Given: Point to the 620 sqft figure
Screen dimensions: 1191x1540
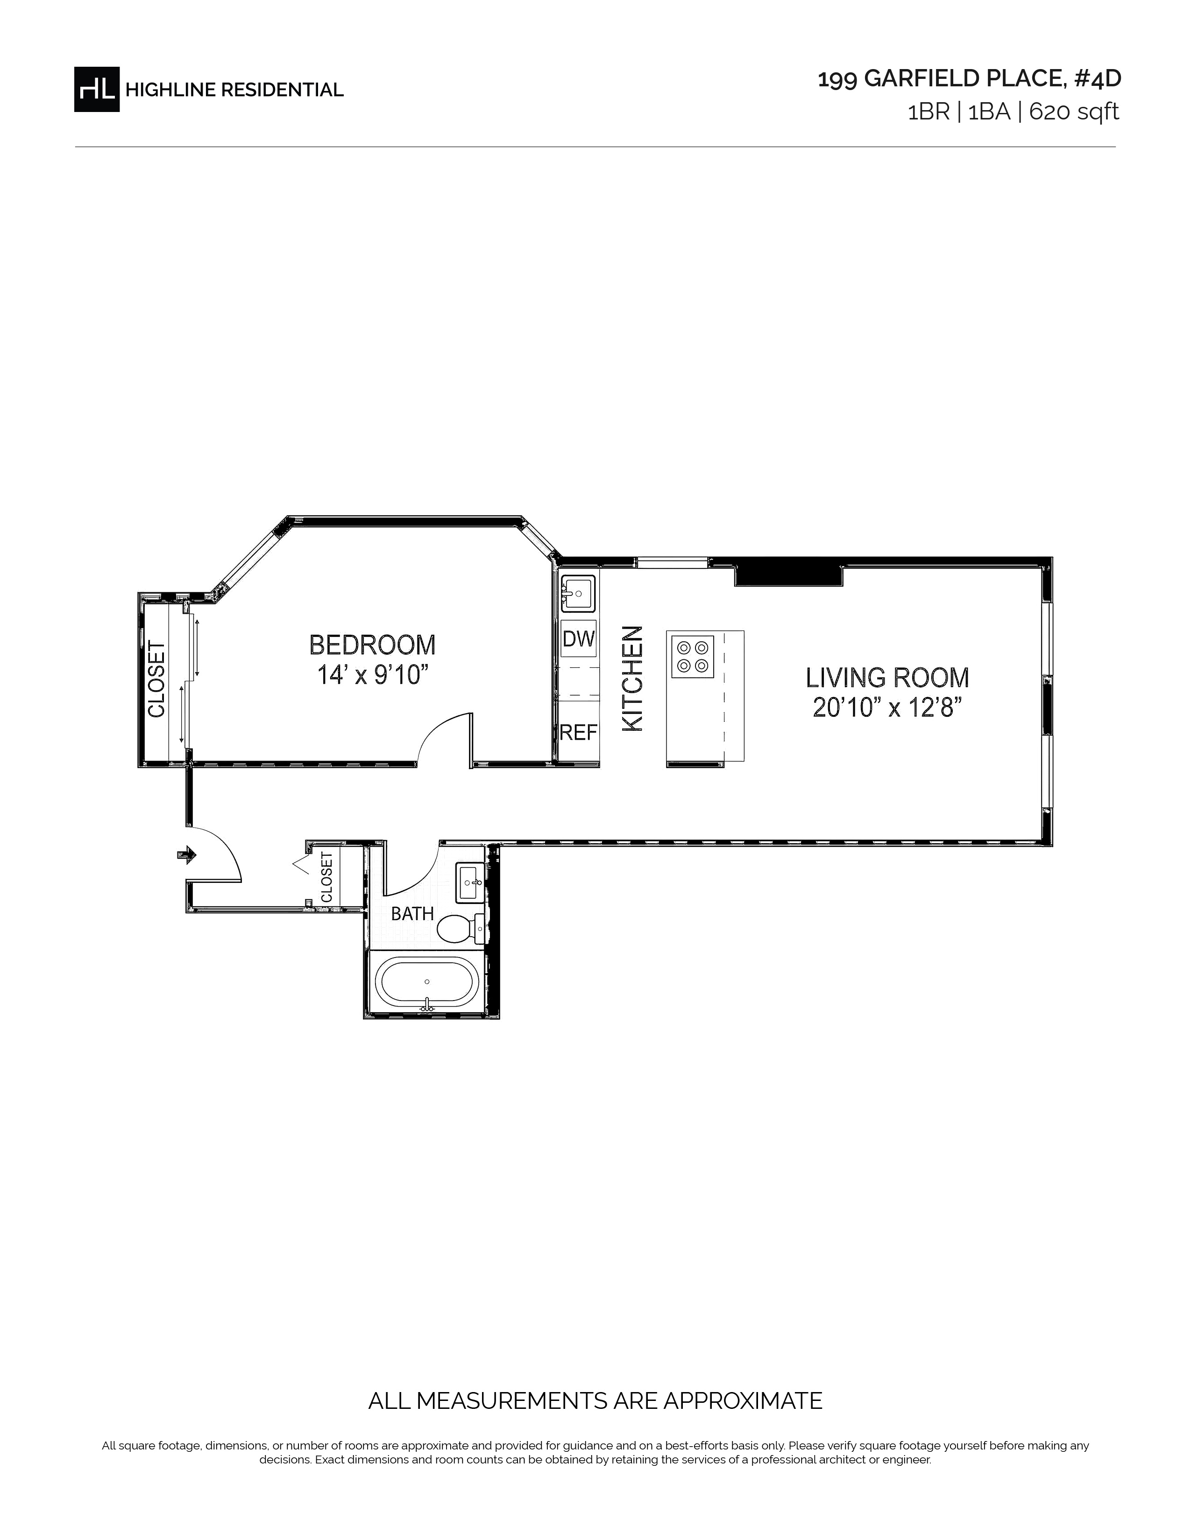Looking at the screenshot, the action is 1074,112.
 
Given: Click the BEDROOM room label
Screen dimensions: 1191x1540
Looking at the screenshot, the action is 373,644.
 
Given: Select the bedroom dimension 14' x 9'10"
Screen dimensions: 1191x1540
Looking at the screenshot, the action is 373,675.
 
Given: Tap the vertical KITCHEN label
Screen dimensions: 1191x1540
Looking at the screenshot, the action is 632,679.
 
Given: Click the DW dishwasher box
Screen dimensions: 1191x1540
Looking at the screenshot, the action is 579,639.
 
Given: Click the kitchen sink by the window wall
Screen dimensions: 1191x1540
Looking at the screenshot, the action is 578,593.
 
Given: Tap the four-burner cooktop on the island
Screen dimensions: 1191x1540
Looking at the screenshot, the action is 692,657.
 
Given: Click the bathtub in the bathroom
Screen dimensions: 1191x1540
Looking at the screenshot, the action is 427,983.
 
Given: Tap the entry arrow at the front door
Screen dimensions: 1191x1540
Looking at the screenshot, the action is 187,855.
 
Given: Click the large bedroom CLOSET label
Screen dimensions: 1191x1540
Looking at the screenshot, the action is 156,679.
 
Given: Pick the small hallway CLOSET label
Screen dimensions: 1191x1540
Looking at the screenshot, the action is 326,878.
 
